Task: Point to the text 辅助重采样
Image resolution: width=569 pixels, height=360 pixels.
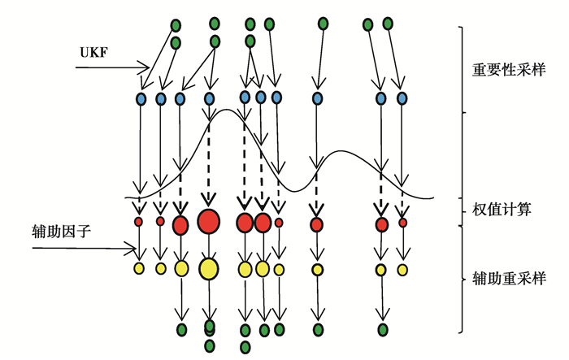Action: click(509, 279)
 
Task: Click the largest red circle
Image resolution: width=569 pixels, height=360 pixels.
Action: click(209, 220)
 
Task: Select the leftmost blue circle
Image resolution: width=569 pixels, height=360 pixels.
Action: click(141, 99)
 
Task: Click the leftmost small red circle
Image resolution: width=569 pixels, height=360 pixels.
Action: click(139, 221)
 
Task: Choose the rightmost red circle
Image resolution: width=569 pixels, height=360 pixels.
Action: click(402, 221)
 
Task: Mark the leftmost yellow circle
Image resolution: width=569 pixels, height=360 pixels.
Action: click(139, 268)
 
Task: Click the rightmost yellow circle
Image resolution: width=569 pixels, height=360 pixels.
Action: click(402, 268)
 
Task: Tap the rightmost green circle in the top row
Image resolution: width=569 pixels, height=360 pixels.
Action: click(388, 24)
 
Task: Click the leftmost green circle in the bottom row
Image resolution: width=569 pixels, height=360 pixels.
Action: click(181, 329)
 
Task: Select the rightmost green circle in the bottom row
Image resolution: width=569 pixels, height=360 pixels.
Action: click(382, 329)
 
